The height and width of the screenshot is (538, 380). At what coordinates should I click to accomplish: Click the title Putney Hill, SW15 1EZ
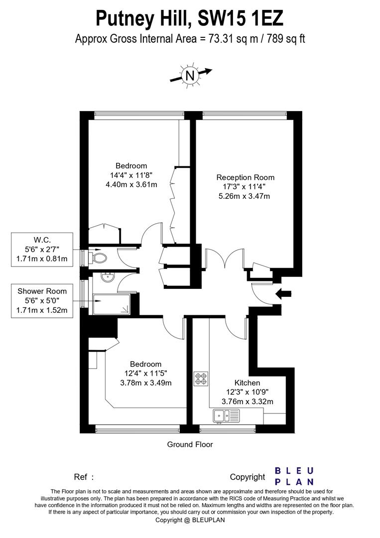coord(189,18)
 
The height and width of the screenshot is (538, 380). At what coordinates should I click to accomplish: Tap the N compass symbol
coord(190,75)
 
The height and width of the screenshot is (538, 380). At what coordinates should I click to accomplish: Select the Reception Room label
coord(245,177)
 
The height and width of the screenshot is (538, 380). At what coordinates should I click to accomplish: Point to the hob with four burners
coord(201,378)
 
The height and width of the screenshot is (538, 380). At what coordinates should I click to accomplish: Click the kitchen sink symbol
coord(226,414)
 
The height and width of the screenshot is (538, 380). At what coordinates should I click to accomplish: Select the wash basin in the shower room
coord(106,277)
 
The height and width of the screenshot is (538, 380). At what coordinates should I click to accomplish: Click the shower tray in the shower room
coord(111,304)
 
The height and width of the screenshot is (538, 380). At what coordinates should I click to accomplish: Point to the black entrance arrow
coord(283,294)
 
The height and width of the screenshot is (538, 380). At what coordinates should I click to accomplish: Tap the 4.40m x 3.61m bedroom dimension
coord(131,185)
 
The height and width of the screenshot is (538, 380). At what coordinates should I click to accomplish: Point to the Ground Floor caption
coord(190,444)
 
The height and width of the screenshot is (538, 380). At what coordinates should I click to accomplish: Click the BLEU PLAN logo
coord(294,476)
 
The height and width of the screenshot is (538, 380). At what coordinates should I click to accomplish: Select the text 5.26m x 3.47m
coord(245,196)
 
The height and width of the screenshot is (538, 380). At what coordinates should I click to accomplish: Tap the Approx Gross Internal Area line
coord(190,39)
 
